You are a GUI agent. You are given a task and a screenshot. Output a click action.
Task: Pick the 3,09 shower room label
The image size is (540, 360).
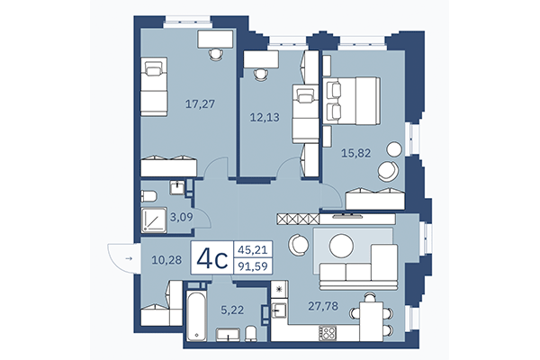coord(183,217)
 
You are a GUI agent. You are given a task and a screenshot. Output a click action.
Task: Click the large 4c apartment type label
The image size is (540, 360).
coord(211,259)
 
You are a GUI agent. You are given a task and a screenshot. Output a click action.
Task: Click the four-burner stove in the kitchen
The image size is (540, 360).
coord(329,331)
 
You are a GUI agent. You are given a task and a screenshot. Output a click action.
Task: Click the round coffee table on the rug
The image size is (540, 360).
coord(342,244)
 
